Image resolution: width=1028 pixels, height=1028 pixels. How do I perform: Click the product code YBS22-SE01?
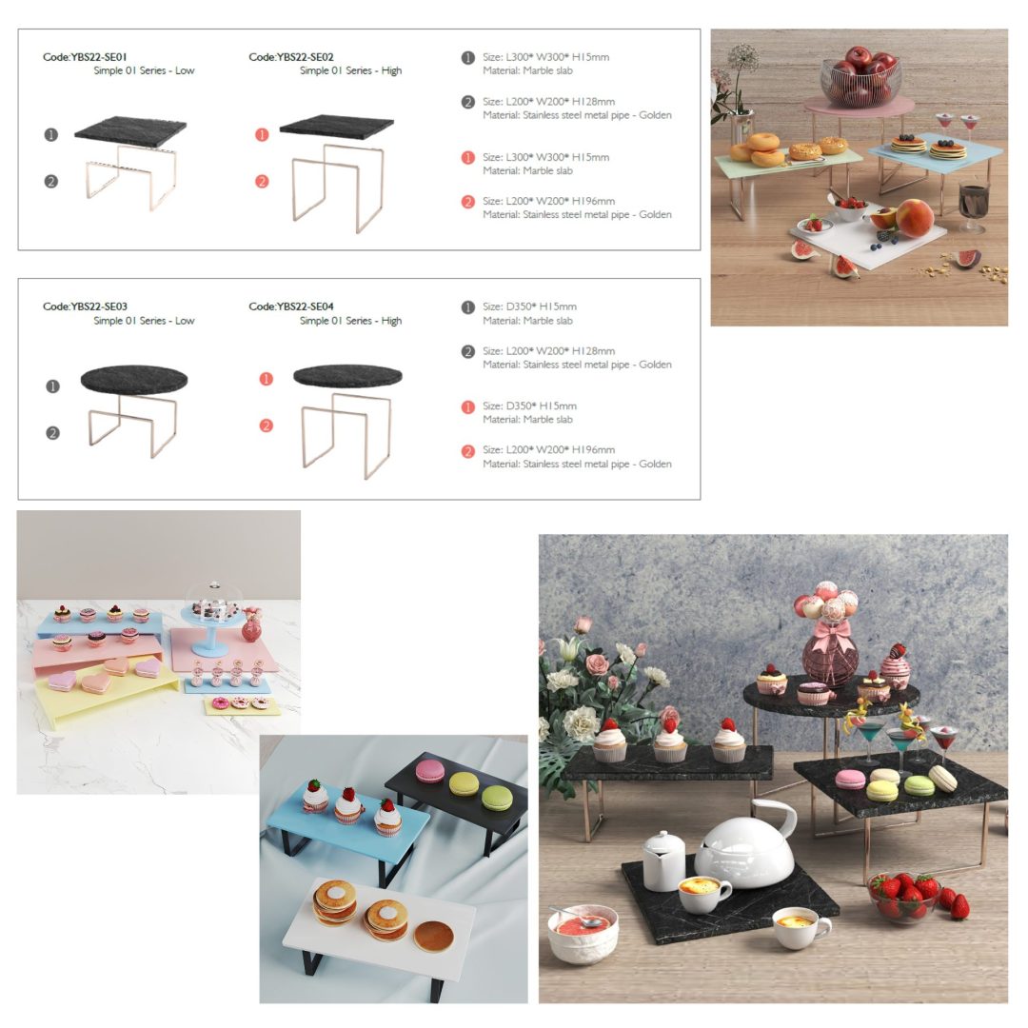[98, 57]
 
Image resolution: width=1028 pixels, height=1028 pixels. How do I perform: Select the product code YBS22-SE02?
[305, 57]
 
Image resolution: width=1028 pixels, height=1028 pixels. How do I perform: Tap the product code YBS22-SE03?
[98, 306]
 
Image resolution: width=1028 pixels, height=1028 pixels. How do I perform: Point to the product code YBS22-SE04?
[305, 306]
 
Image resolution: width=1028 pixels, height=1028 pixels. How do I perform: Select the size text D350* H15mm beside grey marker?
[541, 306]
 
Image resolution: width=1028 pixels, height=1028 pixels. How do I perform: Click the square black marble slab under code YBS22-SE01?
[130, 128]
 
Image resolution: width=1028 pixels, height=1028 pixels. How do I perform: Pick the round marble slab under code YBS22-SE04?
[347, 376]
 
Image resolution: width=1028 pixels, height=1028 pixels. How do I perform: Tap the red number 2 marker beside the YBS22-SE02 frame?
[262, 182]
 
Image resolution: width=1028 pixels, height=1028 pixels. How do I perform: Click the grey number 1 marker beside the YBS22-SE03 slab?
[53, 386]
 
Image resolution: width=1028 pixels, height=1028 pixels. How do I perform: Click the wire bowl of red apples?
[860, 76]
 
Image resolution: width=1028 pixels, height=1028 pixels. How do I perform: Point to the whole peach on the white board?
[915, 218]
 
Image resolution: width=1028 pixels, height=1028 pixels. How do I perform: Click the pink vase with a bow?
[830, 653]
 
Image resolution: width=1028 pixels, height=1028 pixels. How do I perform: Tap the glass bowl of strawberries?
[903, 898]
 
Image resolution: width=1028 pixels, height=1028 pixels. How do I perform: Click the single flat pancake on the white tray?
[433, 937]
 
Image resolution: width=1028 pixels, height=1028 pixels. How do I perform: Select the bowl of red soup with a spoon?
[583, 934]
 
